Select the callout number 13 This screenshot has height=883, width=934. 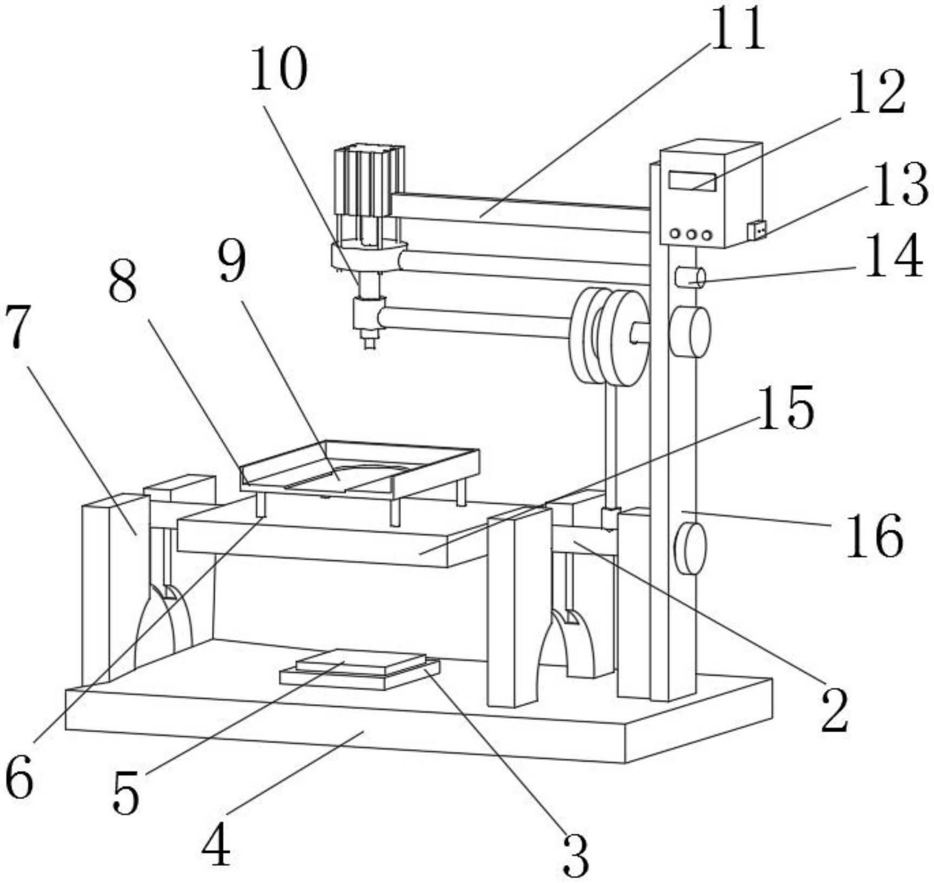click(x=900, y=185)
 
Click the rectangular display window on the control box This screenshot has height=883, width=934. click(x=692, y=181)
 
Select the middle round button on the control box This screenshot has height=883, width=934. click(x=691, y=235)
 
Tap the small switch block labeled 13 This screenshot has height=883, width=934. click(x=757, y=230)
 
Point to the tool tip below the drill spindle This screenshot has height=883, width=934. click(x=370, y=342)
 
